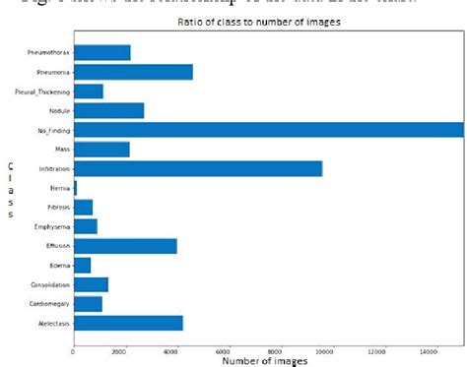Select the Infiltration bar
[197, 168]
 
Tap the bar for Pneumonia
[133, 72]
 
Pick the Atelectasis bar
[128, 323]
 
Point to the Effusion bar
[125, 246]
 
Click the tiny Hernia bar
[75, 188]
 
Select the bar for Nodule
[108, 110]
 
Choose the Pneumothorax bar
[101, 53]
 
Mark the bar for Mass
[101, 150]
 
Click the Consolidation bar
[91, 284]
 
